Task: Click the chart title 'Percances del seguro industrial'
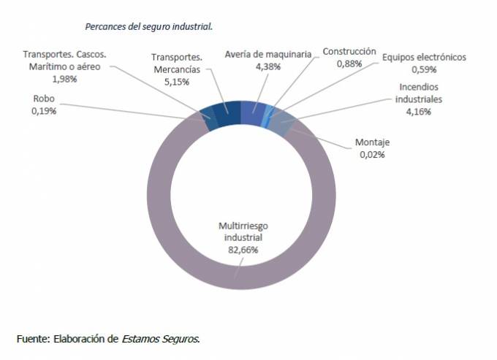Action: [x=148, y=26]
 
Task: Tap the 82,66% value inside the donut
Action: [x=240, y=249]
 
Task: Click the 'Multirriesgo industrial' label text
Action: [x=240, y=231]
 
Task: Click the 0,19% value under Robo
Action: [x=45, y=111]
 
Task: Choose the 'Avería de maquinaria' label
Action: [x=268, y=54]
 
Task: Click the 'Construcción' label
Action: [x=350, y=52]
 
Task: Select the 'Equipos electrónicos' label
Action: [x=424, y=57]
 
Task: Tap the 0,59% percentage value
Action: [x=424, y=69]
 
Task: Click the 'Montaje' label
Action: [x=372, y=142]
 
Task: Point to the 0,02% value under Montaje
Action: [x=372, y=154]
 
